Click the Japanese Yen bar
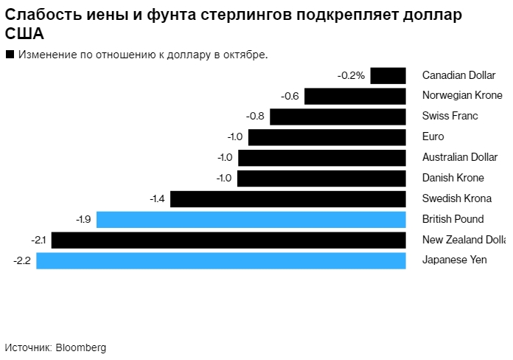click(x=221, y=260)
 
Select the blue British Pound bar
click(x=251, y=219)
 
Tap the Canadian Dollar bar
click(x=388, y=75)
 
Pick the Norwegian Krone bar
click(x=355, y=96)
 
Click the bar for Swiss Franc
click(x=338, y=117)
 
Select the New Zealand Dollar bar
click(x=228, y=240)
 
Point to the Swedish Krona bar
click(x=288, y=198)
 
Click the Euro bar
click(x=327, y=137)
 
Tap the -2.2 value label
click(x=22, y=260)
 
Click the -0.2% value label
click(x=351, y=75)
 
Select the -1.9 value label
click(x=83, y=219)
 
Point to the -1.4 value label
click(x=156, y=198)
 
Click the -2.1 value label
click(x=38, y=240)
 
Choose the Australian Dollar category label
click(x=459, y=157)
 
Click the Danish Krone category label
click(x=453, y=178)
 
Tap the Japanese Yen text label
click(x=454, y=260)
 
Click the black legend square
click(x=10, y=55)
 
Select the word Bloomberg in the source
click(x=81, y=347)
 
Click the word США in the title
click(x=24, y=34)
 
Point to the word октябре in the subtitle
click(x=245, y=55)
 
